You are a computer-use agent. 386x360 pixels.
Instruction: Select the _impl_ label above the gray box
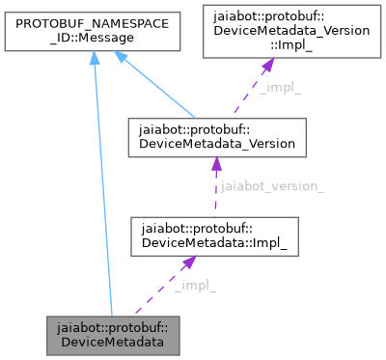click(x=195, y=286)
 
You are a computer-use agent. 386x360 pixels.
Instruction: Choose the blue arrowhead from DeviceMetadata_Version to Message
click(x=121, y=59)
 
